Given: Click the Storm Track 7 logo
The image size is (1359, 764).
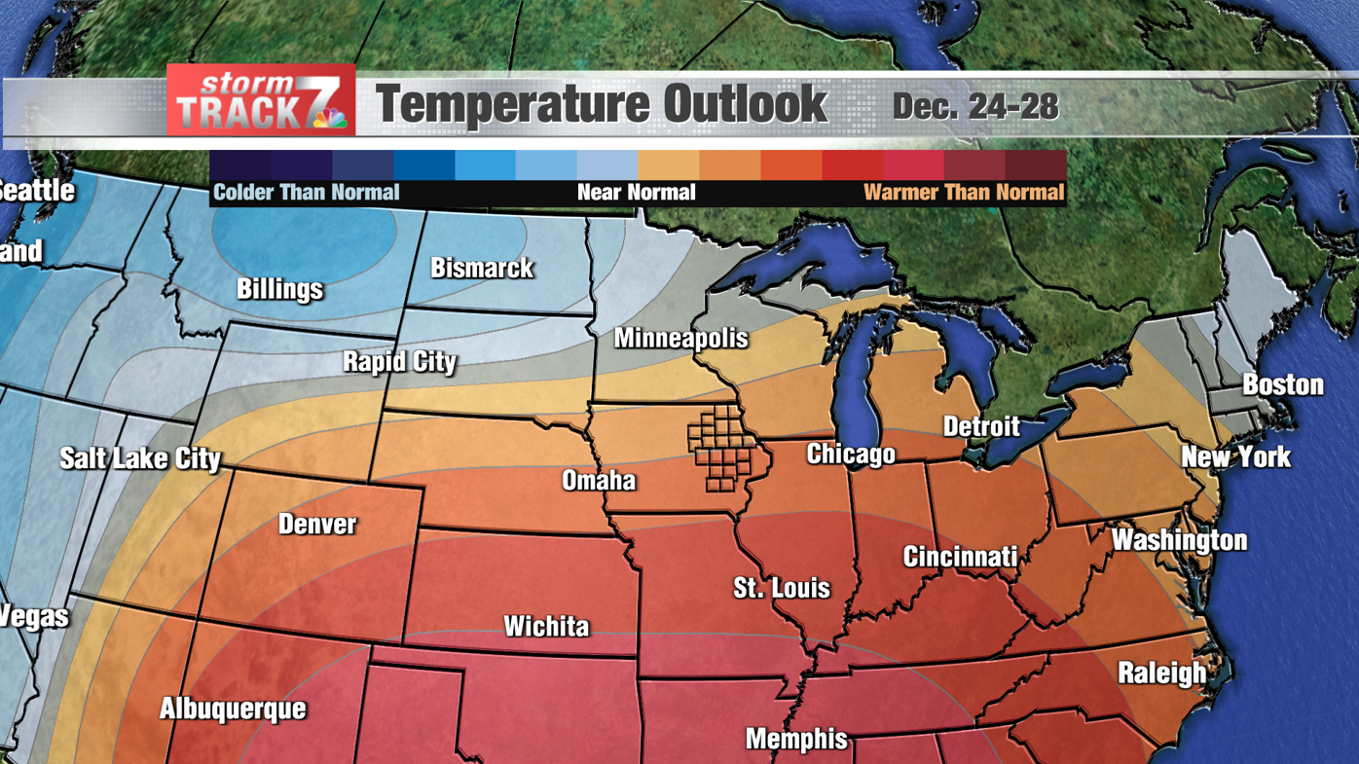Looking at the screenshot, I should point(261,100).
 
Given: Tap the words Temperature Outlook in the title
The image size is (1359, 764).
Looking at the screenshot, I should point(601,105).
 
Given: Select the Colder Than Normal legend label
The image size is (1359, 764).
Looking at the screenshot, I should point(306,193).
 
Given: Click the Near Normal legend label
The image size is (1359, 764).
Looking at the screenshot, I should point(636,193).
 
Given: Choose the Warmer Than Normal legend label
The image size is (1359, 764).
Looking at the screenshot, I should point(963,193).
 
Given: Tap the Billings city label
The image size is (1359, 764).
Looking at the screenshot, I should point(279,289).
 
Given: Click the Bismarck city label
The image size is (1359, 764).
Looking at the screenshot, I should point(482,268).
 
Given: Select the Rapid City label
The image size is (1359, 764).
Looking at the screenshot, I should point(399,362).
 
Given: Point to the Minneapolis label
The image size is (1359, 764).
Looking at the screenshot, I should point(680,338).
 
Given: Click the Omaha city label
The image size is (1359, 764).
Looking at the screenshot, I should point(599,480).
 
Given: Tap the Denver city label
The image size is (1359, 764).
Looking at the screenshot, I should point(317,524).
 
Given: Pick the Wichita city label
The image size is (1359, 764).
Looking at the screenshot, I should point(546,626).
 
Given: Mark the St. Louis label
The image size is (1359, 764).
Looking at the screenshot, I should point(782,588).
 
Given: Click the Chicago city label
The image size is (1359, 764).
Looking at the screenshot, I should point(851,454).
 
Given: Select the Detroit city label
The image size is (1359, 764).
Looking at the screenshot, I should point(981,426).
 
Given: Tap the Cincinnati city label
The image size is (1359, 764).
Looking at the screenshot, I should point(960,557).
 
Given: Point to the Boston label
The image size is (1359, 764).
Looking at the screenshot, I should point(1282,384).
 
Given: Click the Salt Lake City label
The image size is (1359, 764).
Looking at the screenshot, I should point(140,458).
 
